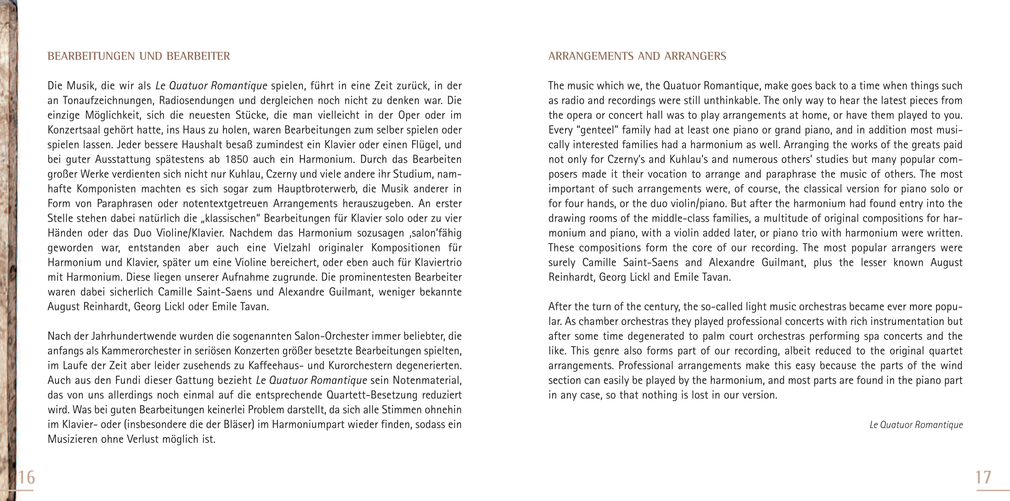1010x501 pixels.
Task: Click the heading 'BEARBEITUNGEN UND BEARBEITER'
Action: click(x=139, y=56)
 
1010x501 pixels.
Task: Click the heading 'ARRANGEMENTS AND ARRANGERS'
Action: click(x=637, y=56)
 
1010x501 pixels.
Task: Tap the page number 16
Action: click(x=26, y=477)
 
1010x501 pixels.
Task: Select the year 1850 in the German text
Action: click(x=236, y=159)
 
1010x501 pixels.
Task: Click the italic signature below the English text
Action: click(x=916, y=425)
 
